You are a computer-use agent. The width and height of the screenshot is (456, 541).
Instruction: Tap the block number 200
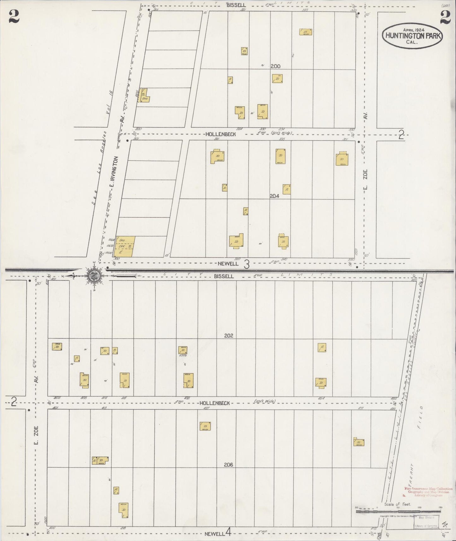point(275,66)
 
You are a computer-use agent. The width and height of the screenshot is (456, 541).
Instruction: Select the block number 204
point(274,196)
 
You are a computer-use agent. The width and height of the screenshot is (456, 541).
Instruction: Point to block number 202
point(228,336)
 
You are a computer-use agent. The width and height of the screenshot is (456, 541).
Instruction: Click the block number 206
point(228,465)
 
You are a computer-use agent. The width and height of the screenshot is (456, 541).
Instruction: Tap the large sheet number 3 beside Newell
point(247,264)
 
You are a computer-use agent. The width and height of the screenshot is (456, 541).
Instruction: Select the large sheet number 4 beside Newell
point(228,533)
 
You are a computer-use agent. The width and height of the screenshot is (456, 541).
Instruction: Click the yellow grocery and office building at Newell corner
point(124,246)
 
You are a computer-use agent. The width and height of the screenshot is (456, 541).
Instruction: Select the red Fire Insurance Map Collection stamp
point(428,492)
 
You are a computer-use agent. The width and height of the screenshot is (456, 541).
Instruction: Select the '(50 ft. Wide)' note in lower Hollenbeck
point(265,401)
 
